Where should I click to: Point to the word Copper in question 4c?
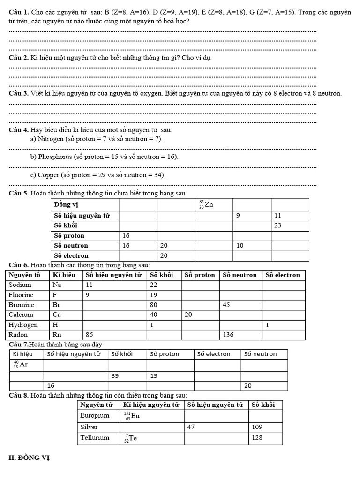(49, 175)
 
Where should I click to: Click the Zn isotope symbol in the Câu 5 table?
(206, 204)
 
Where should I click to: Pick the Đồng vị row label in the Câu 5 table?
(66, 204)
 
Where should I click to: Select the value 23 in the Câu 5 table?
(277, 225)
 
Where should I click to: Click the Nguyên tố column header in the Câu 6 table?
(24, 275)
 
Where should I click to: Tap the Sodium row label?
(20, 285)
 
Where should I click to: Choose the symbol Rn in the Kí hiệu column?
(57, 335)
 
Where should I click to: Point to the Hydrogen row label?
(23, 325)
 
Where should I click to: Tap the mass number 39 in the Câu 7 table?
(115, 375)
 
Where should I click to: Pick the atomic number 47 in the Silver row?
(191, 427)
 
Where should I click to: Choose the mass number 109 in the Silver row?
(257, 427)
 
